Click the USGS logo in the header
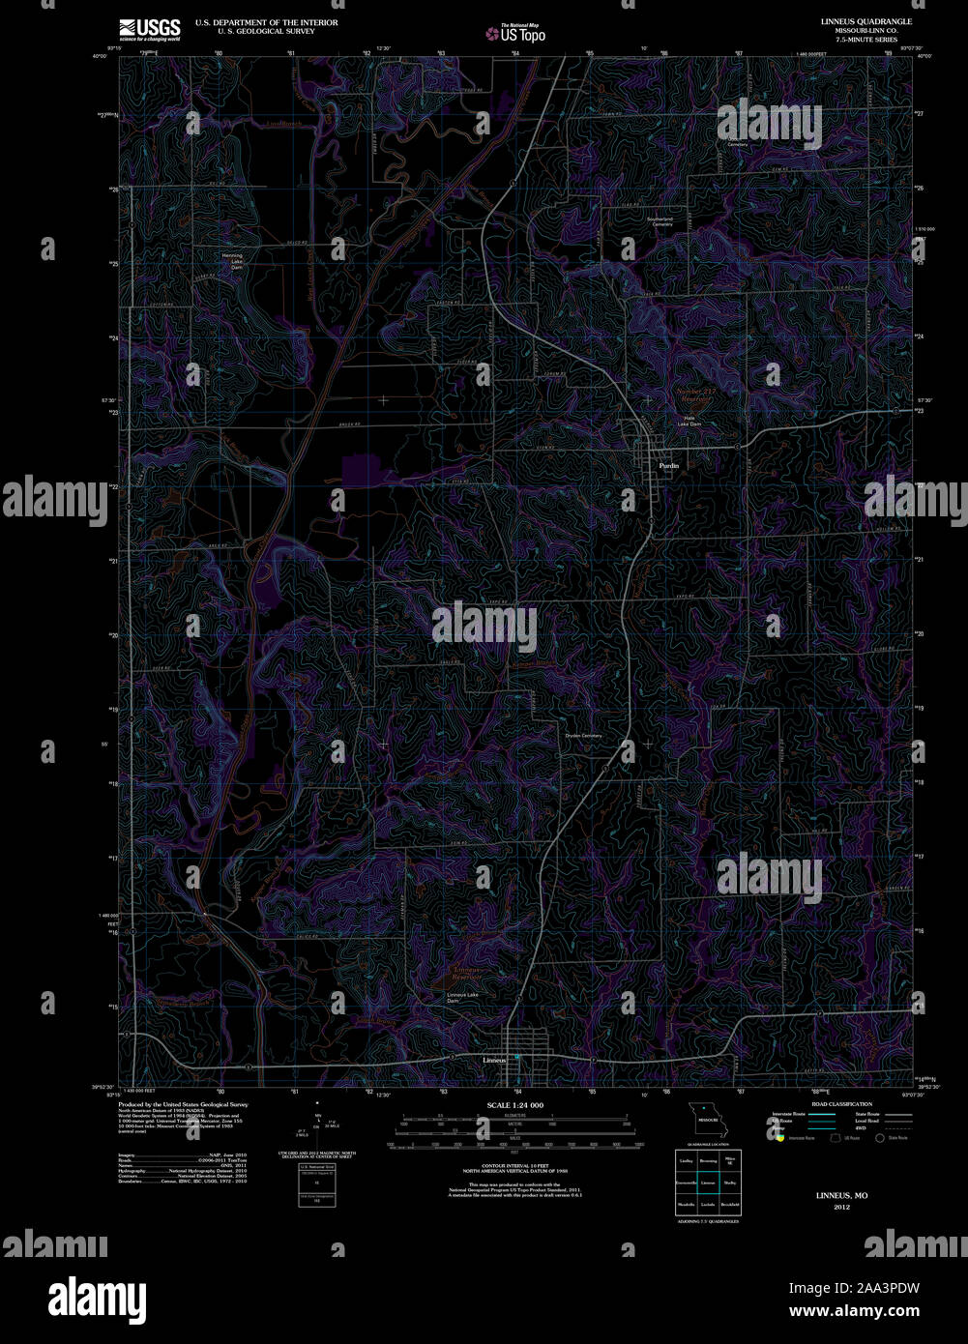click(x=150, y=29)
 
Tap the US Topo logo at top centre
click(x=515, y=33)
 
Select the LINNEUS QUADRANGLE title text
click(x=853, y=21)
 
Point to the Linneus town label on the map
click(x=494, y=1060)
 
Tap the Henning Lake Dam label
click(x=232, y=259)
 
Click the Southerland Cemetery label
click(x=660, y=221)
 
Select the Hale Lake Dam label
click(x=689, y=421)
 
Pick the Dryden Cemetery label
click(x=583, y=736)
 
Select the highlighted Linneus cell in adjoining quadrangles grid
click(x=708, y=1182)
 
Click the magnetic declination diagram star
click(x=316, y=1101)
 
